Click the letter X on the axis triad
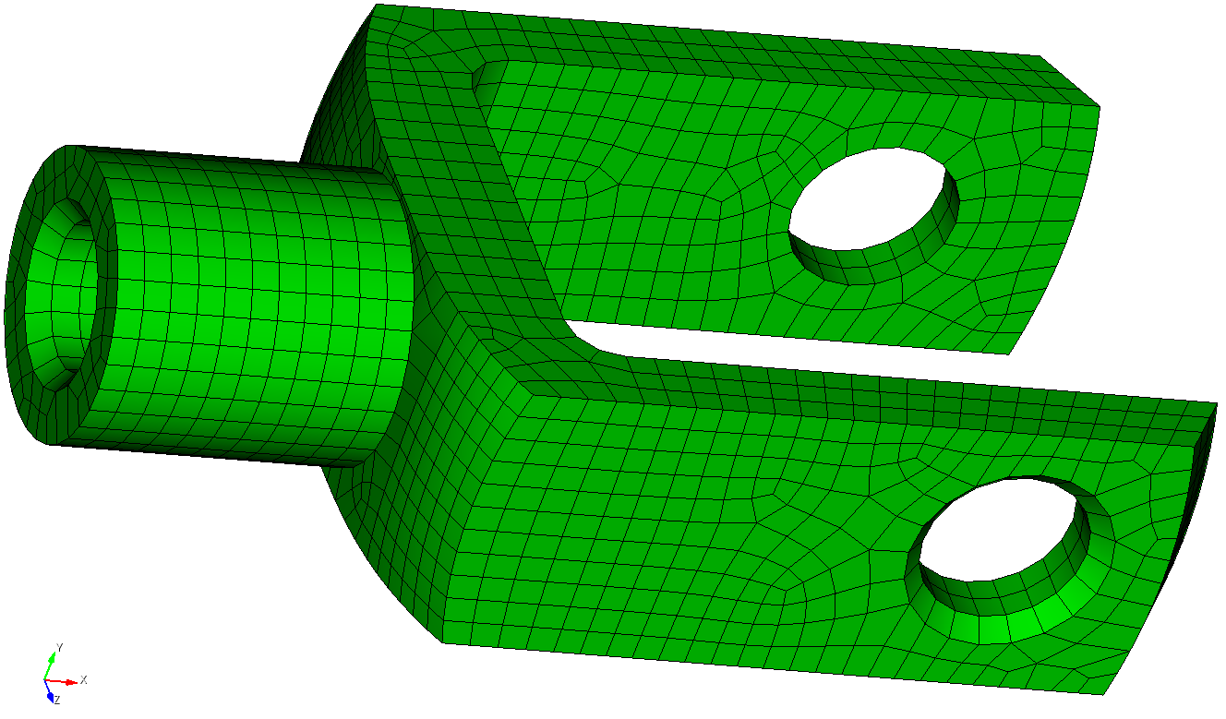(83, 680)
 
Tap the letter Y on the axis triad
(59, 647)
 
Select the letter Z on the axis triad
(57, 701)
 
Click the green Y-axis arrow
(50, 665)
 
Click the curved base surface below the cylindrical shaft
(388, 545)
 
